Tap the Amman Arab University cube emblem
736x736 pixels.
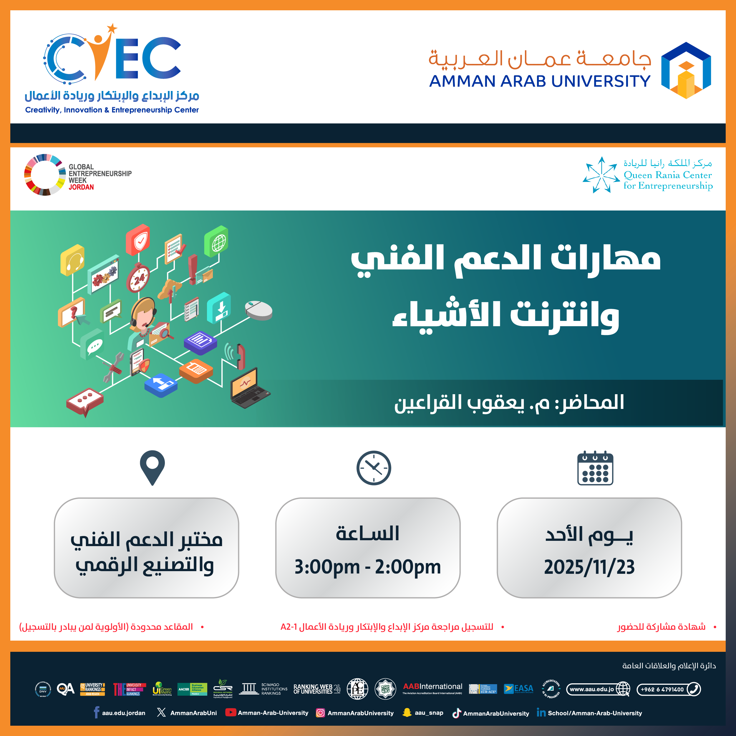[686, 70]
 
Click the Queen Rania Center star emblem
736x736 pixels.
[601, 175]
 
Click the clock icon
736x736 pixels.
[374, 468]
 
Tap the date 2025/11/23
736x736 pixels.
[589, 567]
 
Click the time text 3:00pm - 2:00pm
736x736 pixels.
[368, 567]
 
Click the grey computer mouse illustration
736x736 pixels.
[259, 310]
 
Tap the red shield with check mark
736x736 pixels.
[138, 240]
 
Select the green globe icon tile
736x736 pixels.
[216, 241]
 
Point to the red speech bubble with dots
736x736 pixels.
[84, 401]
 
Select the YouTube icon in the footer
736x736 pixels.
[230, 712]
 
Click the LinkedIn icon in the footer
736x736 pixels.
[541, 712]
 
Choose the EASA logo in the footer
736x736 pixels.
[518, 689]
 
